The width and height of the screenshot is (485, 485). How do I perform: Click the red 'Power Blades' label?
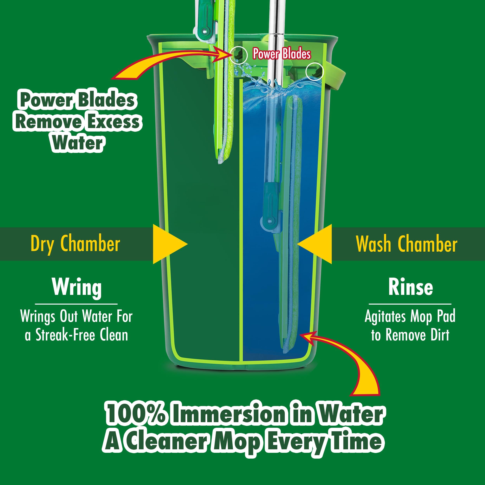[x=282, y=54]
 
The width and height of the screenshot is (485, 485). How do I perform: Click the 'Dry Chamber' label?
[x=75, y=244]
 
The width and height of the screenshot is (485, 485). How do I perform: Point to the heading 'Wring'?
[x=77, y=288]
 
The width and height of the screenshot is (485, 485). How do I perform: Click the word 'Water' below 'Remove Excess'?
[x=77, y=143]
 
